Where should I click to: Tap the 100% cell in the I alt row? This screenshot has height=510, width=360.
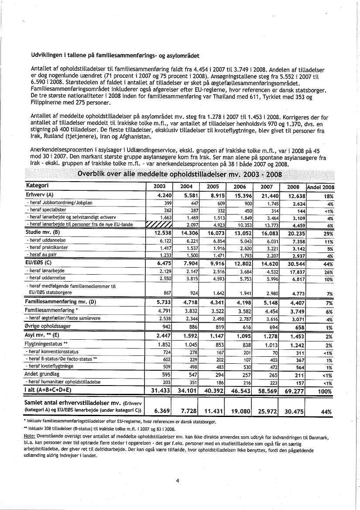325,390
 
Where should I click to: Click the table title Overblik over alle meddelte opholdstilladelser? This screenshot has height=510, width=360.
179,175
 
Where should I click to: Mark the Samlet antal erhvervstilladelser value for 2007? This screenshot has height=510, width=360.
266,411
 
